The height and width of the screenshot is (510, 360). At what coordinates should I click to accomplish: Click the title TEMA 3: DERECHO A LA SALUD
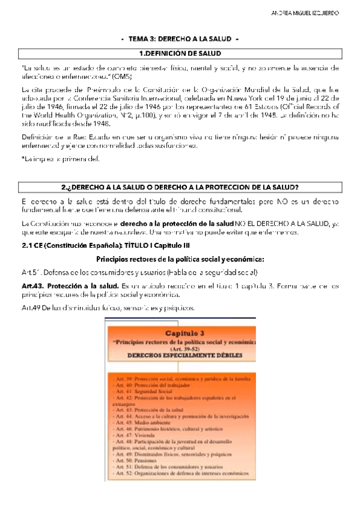(x=180, y=39)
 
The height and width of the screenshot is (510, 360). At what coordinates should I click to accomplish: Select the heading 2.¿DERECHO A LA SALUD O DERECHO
(x=180, y=186)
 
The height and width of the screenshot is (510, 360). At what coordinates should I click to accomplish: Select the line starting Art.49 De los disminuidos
(x=108, y=308)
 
